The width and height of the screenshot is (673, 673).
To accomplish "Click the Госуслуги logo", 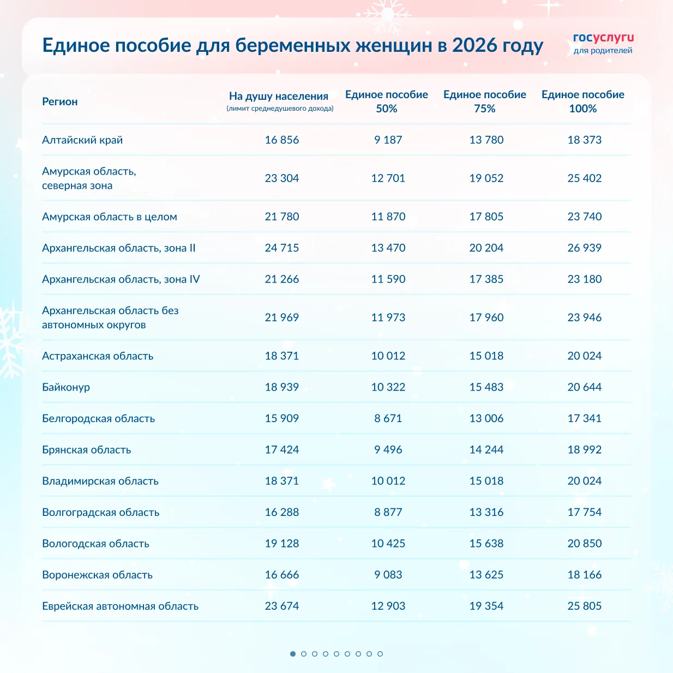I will point(603,43).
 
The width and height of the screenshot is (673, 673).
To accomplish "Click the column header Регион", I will point(60,102).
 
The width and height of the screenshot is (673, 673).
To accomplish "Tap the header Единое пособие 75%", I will point(485,101).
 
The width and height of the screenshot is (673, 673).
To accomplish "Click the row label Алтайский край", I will point(82,140).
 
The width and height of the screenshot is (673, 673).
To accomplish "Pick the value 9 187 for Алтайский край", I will point(388,140).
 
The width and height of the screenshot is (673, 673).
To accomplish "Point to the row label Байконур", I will point(66,387).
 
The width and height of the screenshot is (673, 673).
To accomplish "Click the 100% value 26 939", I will point(585,248).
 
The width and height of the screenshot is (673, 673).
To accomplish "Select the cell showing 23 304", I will point(282,178).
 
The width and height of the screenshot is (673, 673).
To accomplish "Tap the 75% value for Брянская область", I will point(486,450).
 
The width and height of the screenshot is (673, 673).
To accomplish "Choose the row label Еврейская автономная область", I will point(120,606).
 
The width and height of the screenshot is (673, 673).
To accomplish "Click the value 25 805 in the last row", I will point(585,606).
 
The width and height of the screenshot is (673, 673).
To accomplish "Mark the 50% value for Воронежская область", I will point(388,575).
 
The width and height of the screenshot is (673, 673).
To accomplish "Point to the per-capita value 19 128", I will point(282,544).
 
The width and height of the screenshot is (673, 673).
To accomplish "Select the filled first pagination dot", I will point(293,654).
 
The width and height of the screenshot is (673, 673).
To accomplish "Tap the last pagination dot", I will point(380,654).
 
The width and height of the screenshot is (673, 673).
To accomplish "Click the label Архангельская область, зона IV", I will point(121,279).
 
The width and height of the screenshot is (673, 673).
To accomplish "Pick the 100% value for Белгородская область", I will point(585,419).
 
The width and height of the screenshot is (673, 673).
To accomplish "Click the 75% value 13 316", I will point(486,513).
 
